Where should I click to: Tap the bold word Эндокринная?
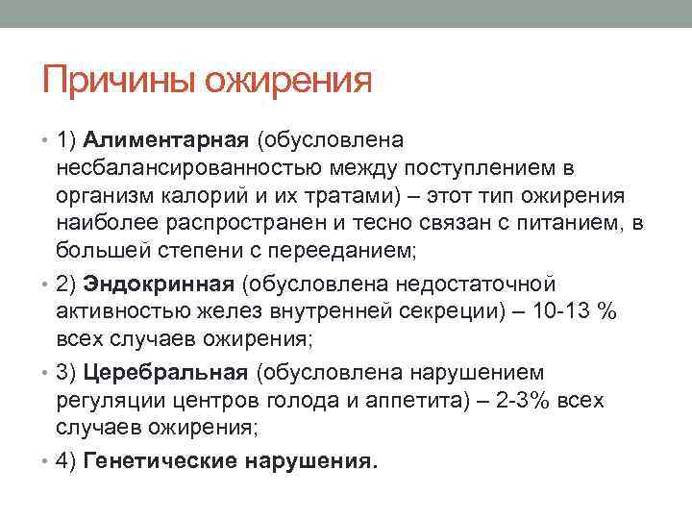coord(160,284)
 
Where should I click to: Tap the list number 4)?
coord(66,460)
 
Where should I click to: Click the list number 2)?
coord(66,284)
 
